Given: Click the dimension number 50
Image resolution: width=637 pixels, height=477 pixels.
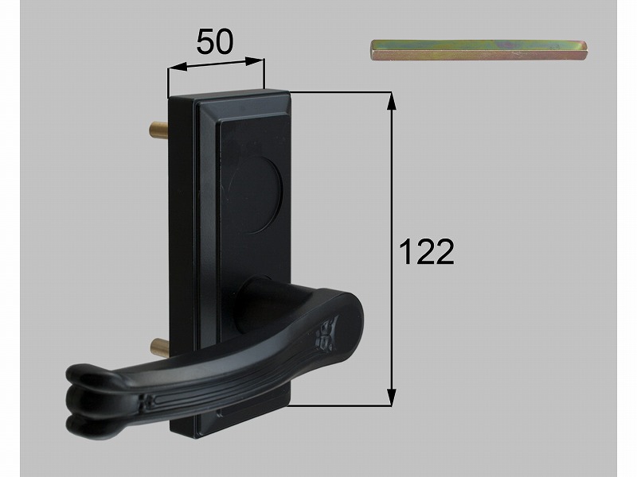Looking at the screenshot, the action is point(215,42).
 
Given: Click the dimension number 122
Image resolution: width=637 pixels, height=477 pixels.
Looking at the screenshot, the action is point(426,252).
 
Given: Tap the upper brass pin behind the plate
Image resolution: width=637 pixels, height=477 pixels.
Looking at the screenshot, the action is point(159,129).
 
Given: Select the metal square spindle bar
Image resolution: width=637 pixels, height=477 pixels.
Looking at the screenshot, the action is point(479,50).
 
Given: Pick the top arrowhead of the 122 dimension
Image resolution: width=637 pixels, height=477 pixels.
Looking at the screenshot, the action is point(391,102).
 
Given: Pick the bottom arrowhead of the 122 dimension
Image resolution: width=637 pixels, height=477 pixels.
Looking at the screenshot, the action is point(391,396).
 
